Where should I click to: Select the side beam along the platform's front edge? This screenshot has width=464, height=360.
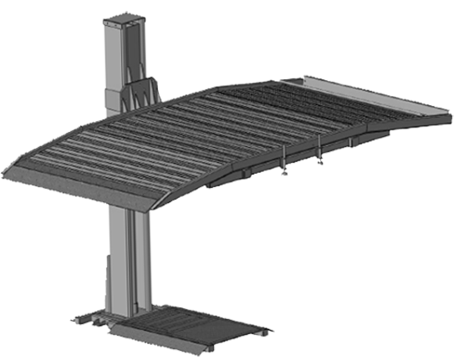point(276,155)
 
